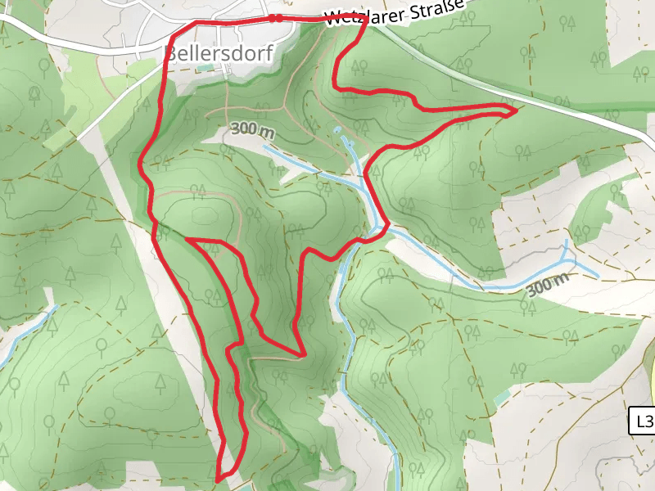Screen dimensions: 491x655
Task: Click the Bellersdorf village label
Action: tap(220, 53)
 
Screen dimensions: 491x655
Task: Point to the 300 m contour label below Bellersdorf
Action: tap(253, 129)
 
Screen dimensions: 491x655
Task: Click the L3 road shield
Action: tap(644, 421)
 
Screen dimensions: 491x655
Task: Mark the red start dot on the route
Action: tap(278, 18)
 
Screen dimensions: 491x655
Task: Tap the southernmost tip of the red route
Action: tap(218, 480)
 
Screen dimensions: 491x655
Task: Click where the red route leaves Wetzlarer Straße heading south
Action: tap(364, 20)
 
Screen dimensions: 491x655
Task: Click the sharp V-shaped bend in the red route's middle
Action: tap(303, 355)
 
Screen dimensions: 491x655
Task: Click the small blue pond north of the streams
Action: tap(337, 130)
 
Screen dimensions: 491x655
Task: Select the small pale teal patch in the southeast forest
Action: tap(500, 399)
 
